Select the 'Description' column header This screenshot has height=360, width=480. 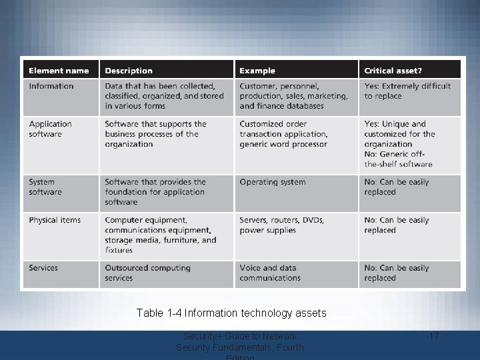point(129,71)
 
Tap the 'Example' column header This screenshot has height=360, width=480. point(257,71)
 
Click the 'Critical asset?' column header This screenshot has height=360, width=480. point(393,71)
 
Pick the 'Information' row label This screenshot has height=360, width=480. point(51,86)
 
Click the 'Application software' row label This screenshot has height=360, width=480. point(50,129)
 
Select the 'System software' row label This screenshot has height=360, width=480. point(45,187)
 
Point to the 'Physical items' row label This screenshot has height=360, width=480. point(55,220)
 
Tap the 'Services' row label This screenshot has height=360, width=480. point(43,268)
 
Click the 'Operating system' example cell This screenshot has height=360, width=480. point(273,182)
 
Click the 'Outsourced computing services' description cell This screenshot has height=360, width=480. point(147,273)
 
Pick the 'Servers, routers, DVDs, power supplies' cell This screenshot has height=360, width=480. point(281,225)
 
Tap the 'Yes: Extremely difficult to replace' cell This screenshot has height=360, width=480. point(407,91)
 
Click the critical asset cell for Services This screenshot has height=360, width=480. point(397,273)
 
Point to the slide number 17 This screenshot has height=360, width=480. point(433,336)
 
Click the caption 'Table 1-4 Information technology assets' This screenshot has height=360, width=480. point(231,313)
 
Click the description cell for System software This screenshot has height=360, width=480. point(155,192)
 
